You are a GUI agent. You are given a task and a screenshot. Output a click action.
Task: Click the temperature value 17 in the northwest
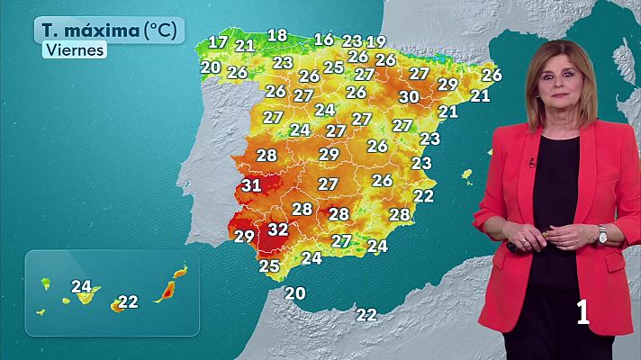click(x=218, y=41)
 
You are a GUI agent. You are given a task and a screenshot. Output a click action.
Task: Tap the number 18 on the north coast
click(x=277, y=36)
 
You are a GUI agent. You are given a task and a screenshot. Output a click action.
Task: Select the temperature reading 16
click(x=323, y=39)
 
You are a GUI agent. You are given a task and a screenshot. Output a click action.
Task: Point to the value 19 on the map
click(x=376, y=41)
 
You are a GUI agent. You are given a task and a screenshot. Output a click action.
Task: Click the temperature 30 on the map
click(x=409, y=96)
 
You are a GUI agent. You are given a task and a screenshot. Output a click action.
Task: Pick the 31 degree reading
click(x=251, y=186)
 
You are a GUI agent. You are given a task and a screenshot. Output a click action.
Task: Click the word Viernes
click(x=74, y=50)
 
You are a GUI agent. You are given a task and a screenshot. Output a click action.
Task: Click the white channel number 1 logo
click(x=582, y=311)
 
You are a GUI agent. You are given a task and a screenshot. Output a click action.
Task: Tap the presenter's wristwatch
click(x=602, y=234)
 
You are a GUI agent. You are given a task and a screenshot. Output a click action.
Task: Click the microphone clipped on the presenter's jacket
click(x=533, y=163)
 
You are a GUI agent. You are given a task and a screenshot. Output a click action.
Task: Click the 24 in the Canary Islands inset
click(x=82, y=287)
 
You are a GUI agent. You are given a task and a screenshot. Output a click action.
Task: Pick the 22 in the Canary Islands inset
click(x=128, y=301)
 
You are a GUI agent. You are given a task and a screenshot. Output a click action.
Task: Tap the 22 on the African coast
click(x=366, y=314)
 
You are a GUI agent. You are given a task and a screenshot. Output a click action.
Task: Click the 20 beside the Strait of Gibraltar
click(x=295, y=292)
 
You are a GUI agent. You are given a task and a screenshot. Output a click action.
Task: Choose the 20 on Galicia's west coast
click(x=211, y=67)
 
